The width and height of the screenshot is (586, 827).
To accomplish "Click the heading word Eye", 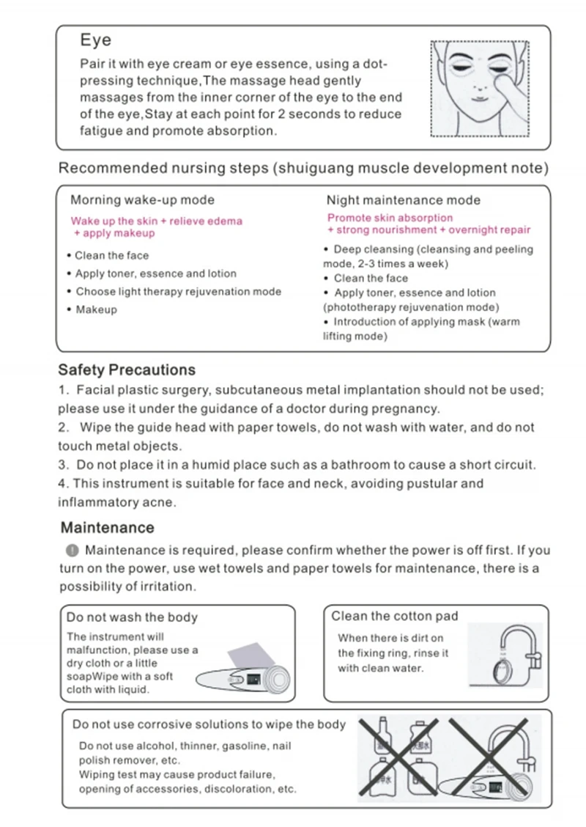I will click(95, 40).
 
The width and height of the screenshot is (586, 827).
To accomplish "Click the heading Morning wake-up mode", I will click(142, 200).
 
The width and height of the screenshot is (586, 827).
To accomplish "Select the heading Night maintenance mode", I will click(403, 200).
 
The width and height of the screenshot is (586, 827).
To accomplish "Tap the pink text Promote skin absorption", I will click(390, 218).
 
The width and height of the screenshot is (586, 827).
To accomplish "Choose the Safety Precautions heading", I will click(127, 370).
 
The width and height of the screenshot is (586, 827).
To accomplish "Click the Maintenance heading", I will click(107, 527).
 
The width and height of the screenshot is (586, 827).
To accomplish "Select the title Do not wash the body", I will click(132, 617).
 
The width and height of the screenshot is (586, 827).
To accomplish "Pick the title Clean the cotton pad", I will click(394, 616).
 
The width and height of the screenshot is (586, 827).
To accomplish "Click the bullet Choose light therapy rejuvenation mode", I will click(178, 291).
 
